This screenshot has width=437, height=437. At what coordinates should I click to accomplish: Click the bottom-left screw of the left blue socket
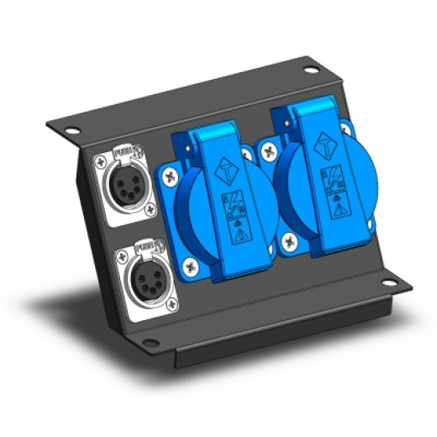point(193,271)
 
